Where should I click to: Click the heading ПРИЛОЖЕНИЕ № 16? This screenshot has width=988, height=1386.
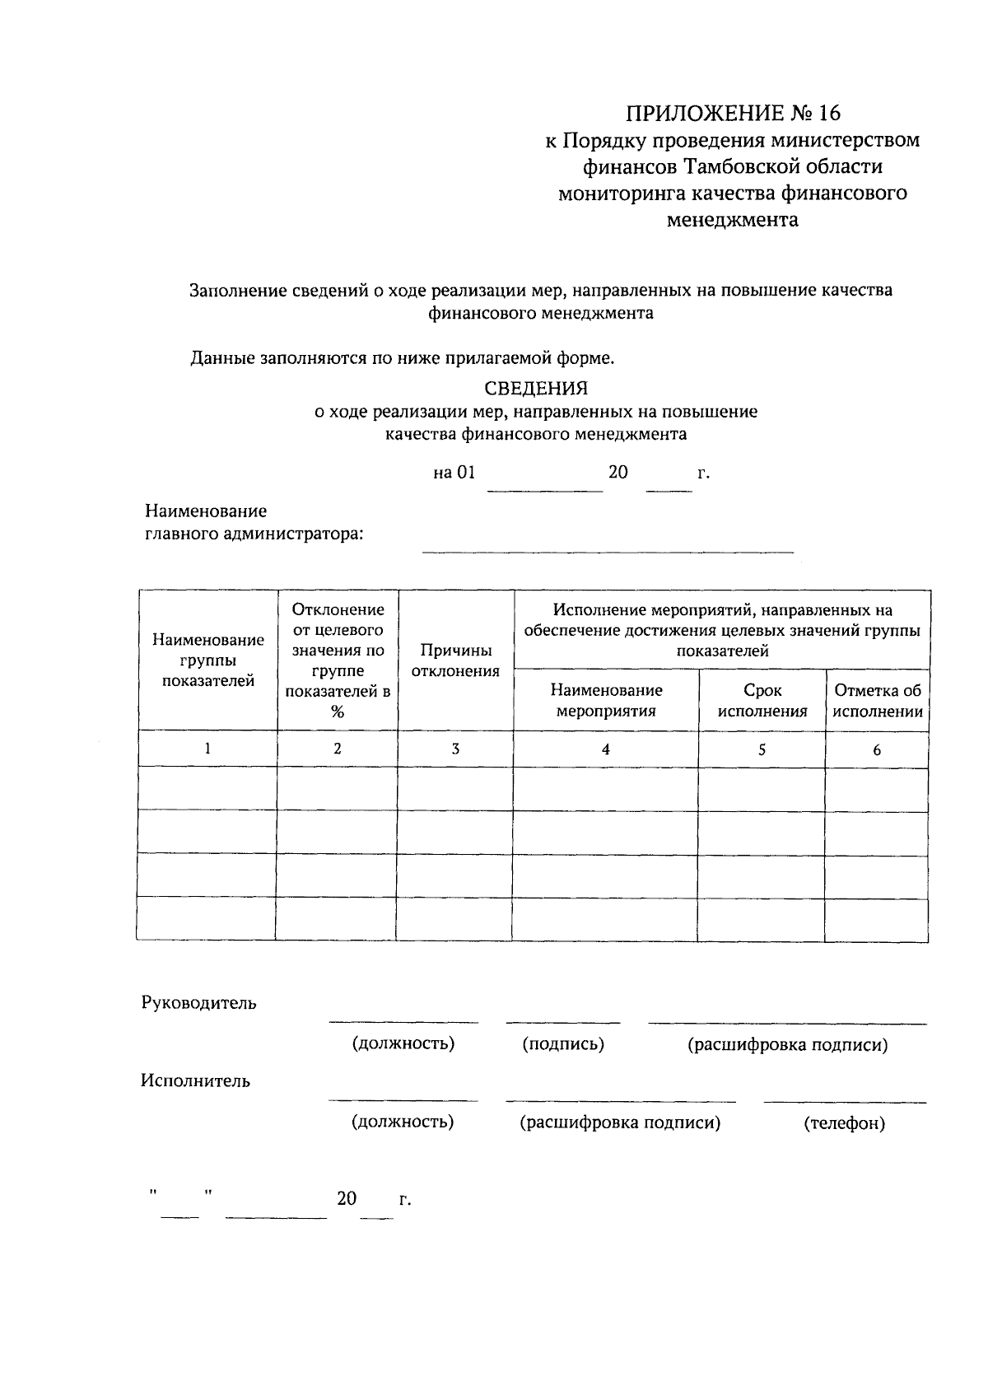coord(734,113)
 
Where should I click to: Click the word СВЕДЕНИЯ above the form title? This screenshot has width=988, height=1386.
coord(536,388)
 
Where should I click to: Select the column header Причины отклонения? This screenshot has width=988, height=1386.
coord(455,660)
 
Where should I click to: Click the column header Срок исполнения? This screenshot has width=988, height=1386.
coord(762,701)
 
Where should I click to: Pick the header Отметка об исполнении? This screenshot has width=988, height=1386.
coord(877,701)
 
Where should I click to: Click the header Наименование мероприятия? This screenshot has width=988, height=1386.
coord(606,701)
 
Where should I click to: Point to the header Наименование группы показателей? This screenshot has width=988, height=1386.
coord(207,660)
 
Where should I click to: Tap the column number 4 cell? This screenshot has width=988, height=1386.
coord(606,749)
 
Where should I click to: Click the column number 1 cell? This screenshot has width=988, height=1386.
coord(207,749)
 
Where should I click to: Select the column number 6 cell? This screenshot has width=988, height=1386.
coord(877,749)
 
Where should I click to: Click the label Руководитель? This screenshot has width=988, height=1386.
coord(198,1003)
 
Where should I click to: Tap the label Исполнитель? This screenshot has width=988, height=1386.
coord(195,1081)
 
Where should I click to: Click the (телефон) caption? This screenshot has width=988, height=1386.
coord(844,1123)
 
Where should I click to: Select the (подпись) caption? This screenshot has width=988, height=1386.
coord(563,1044)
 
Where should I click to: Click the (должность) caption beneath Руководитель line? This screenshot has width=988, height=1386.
coord(403,1044)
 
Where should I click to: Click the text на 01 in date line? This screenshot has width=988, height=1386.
coord(454,473)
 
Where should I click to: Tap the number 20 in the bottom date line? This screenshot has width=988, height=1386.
coord(347,1198)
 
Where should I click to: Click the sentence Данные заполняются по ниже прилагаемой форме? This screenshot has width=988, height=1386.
coord(403,358)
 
